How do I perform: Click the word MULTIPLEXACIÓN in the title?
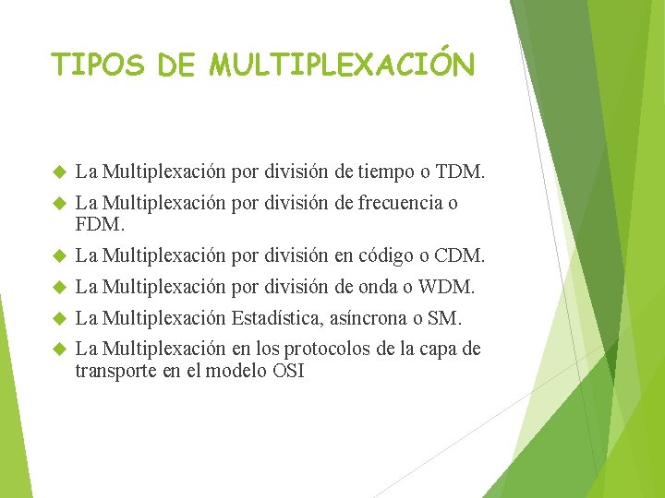point(343,65)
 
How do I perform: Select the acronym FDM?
point(99,223)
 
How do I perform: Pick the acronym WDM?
point(446,288)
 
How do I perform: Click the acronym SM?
point(444,318)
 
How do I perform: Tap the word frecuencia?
point(397,203)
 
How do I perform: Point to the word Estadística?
point(276,318)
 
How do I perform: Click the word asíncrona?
point(367,318)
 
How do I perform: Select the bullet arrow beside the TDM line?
point(58,172)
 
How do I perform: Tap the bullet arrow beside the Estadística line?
point(58,319)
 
